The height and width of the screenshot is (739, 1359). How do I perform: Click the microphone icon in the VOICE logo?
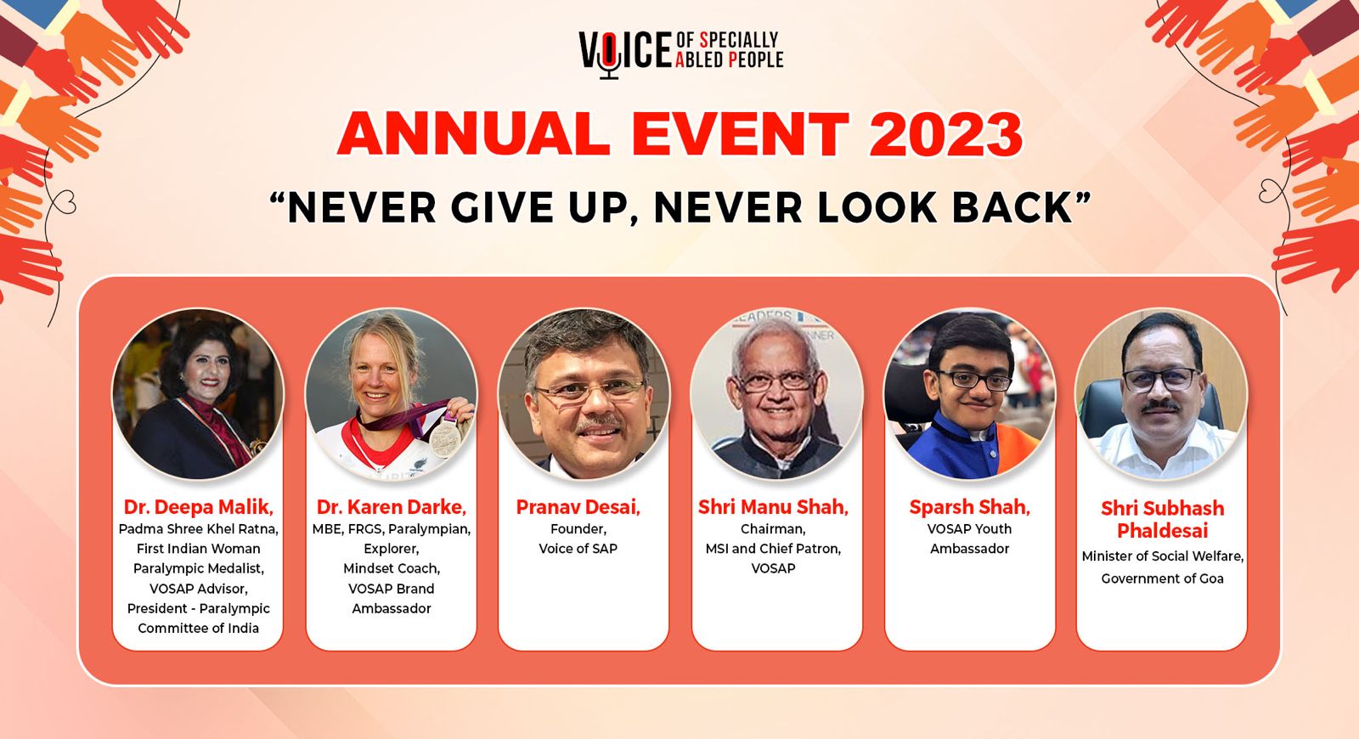click(609, 54)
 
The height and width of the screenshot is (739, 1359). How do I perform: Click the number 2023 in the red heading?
click(946, 134)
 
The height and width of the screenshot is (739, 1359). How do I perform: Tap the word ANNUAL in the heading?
click(473, 134)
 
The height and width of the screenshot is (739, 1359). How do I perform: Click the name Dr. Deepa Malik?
click(199, 506)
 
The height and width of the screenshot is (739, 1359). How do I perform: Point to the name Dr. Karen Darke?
click(392, 506)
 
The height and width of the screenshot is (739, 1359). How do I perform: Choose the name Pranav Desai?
click(578, 506)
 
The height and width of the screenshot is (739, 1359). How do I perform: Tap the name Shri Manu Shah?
click(773, 506)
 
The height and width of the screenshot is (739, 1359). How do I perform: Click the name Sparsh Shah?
click(969, 506)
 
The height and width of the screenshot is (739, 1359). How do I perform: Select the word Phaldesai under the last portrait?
click(1163, 531)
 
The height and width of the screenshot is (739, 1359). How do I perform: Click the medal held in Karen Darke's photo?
click(445, 437)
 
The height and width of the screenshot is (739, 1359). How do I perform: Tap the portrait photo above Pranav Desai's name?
click(584, 393)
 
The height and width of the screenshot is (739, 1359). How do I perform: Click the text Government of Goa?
click(1163, 578)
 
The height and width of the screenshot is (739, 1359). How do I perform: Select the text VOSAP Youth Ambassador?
click(969, 539)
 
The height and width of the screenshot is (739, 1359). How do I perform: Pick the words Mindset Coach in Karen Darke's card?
click(392, 568)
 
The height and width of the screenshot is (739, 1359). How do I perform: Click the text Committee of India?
click(199, 628)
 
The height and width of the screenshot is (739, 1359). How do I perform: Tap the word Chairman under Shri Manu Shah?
click(773, 529)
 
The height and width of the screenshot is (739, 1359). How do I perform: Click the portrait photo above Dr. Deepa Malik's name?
click(198, 393)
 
